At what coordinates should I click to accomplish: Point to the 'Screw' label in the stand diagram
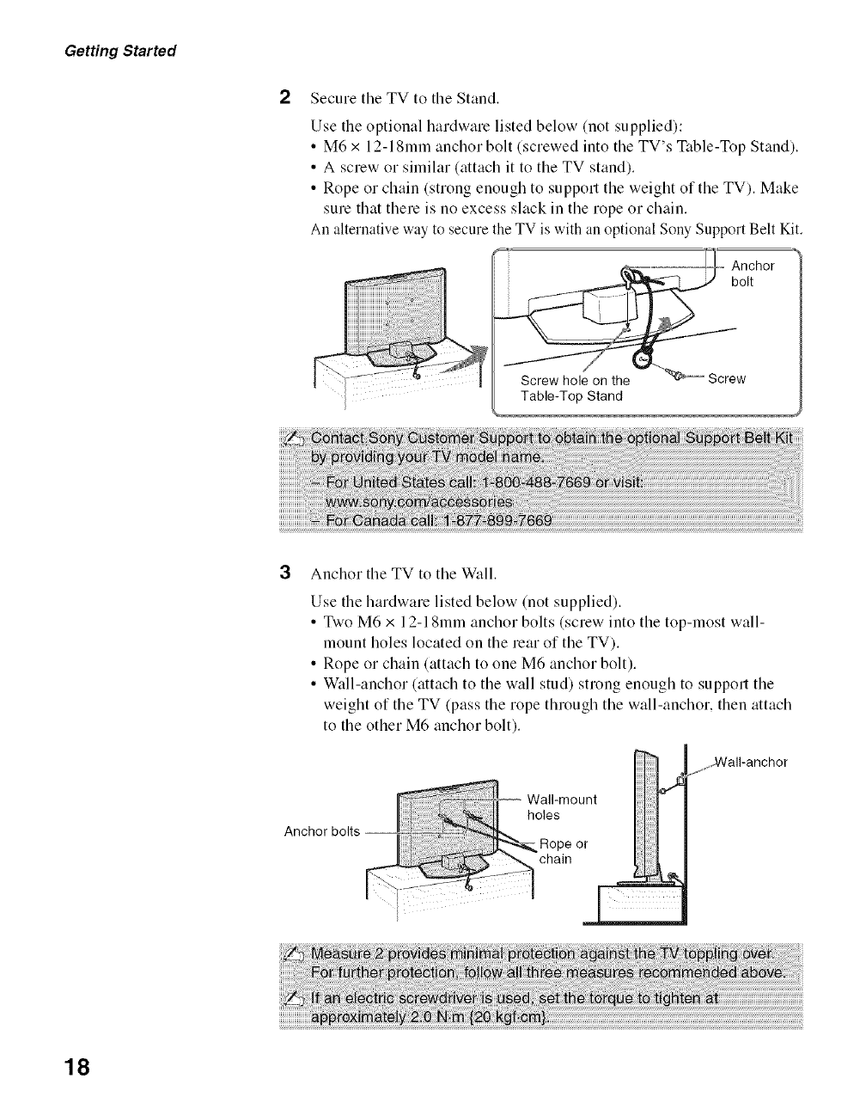coord(726,379)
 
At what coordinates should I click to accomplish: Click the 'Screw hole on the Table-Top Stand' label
coord(575,388)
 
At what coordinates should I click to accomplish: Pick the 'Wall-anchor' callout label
coord(751,762)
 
